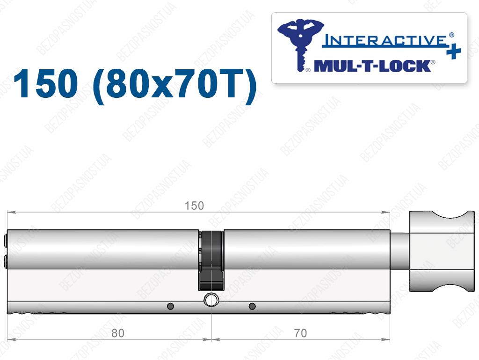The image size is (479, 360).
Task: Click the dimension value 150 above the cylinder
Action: click(x=194, y=206)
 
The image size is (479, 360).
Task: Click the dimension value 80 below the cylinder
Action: click(x=118, y=333)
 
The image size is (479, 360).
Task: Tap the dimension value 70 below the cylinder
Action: click(x=300, y=333)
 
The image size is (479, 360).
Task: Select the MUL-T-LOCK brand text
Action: click(x=372, y=66)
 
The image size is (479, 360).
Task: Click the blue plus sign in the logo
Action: click(x=454, y=51)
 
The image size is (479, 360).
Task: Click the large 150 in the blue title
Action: click(x=46, y=83)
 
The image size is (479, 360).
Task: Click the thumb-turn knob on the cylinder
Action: click(x=442, y=251)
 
